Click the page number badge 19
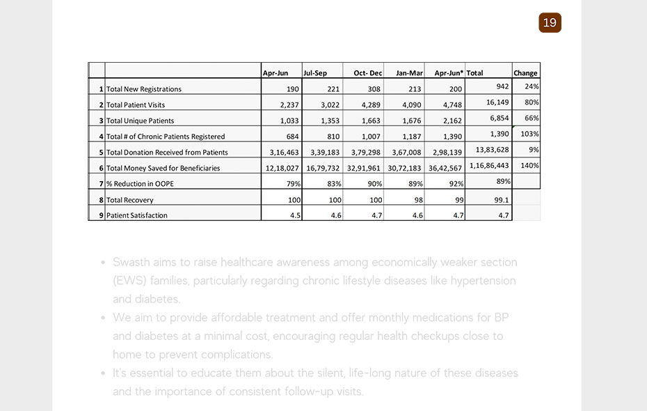pyautogui.click(x=550, y=23)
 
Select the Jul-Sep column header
pyautogui.click(x=315, y=73)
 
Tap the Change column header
pyautogui.click(x=525, y=73)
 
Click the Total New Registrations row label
pyautogui.click(x=144, y=89)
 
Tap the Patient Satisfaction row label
pyautogui.click(x=137, y=215)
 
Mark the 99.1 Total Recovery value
pyautogui.click(x=499, y=200)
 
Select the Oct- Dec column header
pyautogui.click(x=368, y=73)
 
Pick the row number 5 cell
pyautogui.click(x=101, y=153)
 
